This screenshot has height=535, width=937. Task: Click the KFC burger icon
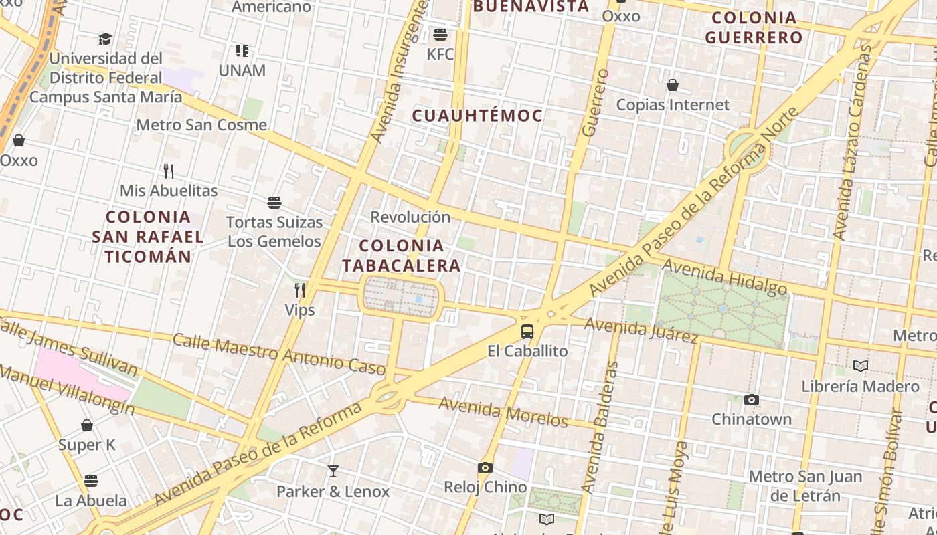tap(440, 34)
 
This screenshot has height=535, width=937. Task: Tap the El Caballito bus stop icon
tap(527, 331)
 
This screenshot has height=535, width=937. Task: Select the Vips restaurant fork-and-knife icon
tap(300, 290)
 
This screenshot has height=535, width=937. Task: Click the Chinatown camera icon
tap(752, 399)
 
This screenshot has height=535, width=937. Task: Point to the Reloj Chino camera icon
tap(485, 467)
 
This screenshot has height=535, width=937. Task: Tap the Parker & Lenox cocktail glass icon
tap(333, 471)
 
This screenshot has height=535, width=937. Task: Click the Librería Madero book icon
tap(861, 366)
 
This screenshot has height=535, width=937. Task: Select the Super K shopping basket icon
tap(87, 425)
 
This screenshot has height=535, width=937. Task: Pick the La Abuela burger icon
tap(91, 480)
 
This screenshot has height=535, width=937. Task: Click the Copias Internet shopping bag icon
tap(673, 85)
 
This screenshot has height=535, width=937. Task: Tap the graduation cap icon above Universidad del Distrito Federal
tap(105, 39)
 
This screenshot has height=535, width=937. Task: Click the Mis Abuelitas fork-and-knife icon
tap(169, 171)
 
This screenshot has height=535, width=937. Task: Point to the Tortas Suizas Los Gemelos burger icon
tap(274, 202)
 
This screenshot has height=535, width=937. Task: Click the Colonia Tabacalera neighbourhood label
tap(402, 255)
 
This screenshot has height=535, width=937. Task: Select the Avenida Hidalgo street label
tap(725, 277)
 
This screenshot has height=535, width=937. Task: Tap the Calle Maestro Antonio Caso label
tap(279, 353)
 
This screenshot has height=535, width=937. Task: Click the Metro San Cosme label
tap(201, 125)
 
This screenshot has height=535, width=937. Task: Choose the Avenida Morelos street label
tap(503, 411)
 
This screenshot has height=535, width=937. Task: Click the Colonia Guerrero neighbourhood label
tap(754, 27)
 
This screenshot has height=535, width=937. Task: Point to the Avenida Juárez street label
tap(641, 330)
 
